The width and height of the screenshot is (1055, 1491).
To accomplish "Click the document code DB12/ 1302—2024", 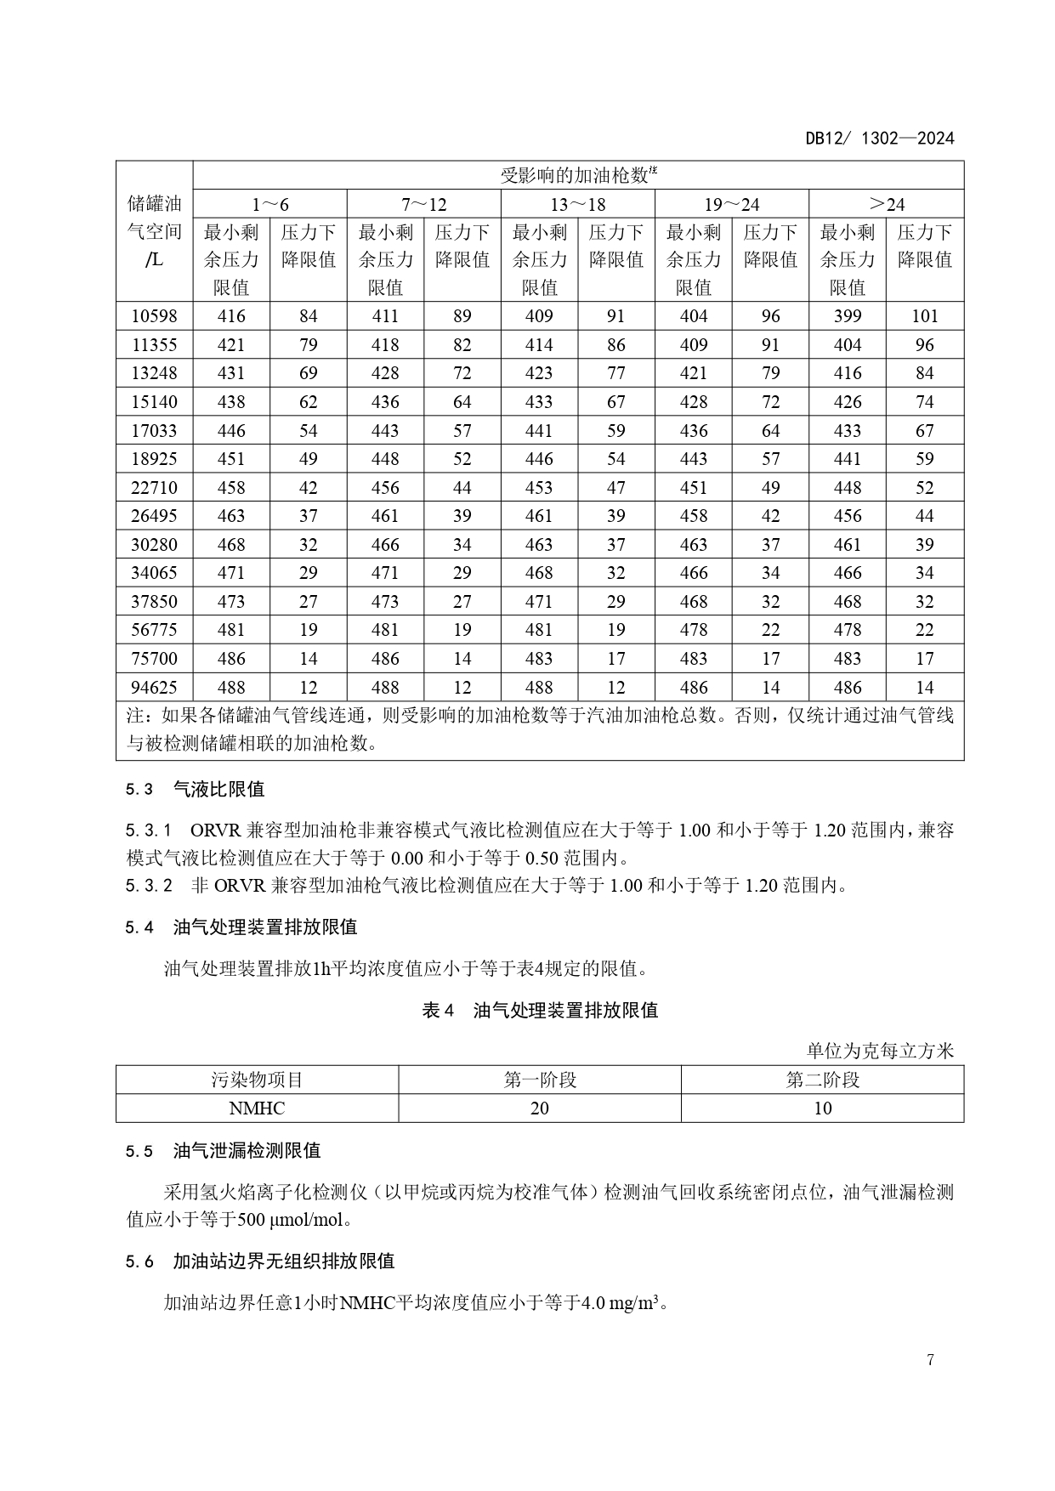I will (x=880, y=139).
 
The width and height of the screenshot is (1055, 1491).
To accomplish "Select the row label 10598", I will (x=154, y=316).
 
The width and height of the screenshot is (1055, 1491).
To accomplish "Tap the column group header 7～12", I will (x=423, y=204).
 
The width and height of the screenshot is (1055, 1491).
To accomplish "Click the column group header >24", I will (x=886, y=204).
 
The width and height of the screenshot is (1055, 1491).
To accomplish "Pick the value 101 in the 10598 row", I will (x=924, y=316).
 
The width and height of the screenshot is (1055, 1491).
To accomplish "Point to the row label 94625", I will (x=154, y=687).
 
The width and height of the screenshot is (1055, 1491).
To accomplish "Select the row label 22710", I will (x=154, y=487).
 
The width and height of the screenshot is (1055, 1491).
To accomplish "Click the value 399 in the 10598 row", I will (x=847, y=316).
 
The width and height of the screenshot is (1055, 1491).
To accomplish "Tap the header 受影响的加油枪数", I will (x=578, y=176).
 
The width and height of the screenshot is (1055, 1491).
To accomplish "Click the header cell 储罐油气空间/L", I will (x=154, y=231).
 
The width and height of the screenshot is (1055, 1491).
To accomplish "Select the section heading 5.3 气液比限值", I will (x=196, y=789).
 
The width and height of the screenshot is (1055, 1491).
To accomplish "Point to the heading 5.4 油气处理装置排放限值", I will (x=241, y=927).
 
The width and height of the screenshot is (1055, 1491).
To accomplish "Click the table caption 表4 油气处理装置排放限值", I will (x=540, y=1010).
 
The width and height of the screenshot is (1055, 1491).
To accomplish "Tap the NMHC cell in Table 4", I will (x=257, y=1108).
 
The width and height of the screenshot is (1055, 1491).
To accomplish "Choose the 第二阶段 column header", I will (x=822, y=1080).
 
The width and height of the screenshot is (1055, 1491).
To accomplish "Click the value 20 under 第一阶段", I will (x=539, y=1108).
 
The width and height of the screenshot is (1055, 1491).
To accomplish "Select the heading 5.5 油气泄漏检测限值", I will (x=224, y=1150).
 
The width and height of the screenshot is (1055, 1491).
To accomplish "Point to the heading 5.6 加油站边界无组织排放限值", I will (x=260, y=1261).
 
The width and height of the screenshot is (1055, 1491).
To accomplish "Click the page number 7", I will (x=930, y=1360).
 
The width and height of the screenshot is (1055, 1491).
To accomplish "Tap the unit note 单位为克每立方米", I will (x=880, y=1051).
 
